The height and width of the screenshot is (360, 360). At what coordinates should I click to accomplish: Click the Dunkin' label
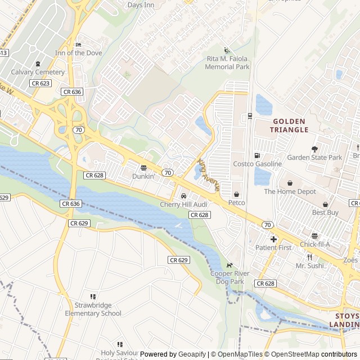[x=143, y=175]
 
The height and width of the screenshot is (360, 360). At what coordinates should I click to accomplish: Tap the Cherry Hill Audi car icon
[x=183, y=195]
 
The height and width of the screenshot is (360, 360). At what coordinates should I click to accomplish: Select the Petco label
[x=236, y=202]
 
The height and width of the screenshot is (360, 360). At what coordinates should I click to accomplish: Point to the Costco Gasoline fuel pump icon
[x=257, y=155]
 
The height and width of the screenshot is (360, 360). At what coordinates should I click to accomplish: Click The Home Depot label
[x=290, y=191]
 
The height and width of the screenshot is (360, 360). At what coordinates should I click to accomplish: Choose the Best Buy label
[x=325, y=213]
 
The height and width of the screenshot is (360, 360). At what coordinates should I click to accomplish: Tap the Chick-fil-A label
[x=314, y=244]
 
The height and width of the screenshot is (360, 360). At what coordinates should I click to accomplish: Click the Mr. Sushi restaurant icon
[x=309, y=257]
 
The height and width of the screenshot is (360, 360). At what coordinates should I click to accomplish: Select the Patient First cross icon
[x=273, y=239]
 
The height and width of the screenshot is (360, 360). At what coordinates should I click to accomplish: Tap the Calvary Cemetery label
[x=38, y=72]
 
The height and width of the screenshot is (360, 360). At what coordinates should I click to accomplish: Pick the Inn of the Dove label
[x=78, y=53]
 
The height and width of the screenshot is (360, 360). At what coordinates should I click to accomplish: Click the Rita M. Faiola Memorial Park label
[x=227, y=63]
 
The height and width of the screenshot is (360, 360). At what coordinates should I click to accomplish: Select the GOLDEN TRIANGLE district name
[x=289, y=125]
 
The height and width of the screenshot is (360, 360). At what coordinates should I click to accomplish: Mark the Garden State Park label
[x=314, y=157]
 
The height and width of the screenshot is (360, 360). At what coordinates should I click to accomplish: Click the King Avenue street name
[x=208, y=174]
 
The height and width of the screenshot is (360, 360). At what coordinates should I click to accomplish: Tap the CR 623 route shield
[x=40, y=83]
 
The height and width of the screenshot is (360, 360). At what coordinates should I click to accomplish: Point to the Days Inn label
[x=141, y=5]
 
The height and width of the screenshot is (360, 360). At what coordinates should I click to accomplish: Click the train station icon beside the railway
[x=250, y=116]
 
